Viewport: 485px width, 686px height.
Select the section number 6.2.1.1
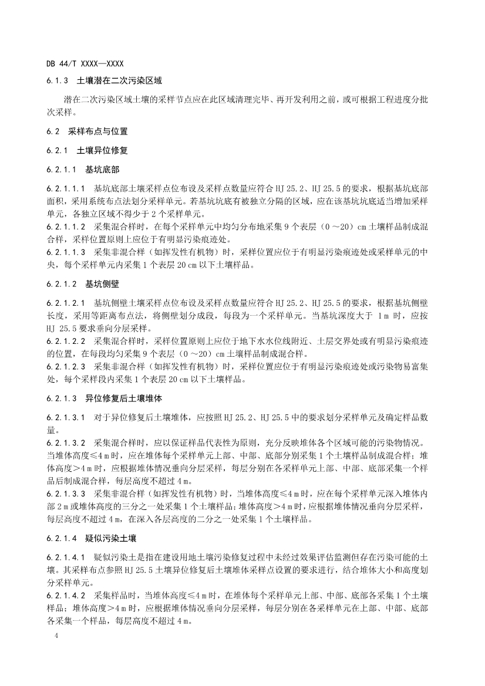62,170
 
